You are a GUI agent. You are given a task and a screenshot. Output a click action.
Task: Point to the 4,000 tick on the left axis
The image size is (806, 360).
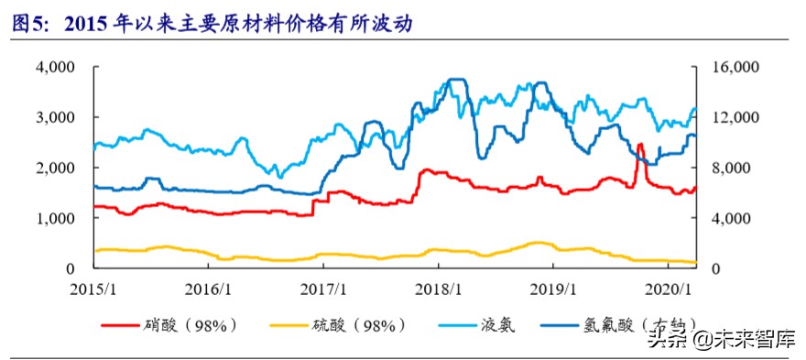coord(57,67)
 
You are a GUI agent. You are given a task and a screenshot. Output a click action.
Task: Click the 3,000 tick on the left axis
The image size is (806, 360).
coord(57,117)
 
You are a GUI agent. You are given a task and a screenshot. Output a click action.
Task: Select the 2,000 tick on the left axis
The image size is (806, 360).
coord(57,168)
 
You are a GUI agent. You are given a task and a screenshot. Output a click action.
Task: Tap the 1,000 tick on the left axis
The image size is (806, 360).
coord(57,218)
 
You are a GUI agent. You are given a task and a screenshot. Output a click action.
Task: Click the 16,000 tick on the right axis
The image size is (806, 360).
coord(729,67)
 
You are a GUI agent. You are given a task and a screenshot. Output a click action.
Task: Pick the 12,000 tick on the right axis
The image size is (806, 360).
coord(729,117)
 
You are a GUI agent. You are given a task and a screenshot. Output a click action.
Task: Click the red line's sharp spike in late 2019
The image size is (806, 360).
coord(639,145)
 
